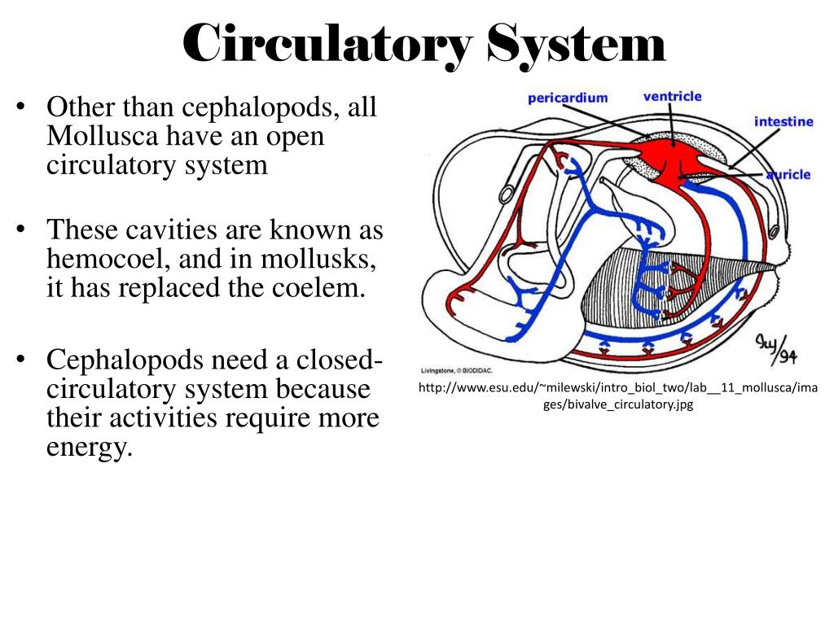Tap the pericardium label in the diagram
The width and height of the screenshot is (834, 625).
568,98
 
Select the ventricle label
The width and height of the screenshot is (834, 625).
672,96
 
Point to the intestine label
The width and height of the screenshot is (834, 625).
784,122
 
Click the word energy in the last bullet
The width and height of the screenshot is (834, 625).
89,448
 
